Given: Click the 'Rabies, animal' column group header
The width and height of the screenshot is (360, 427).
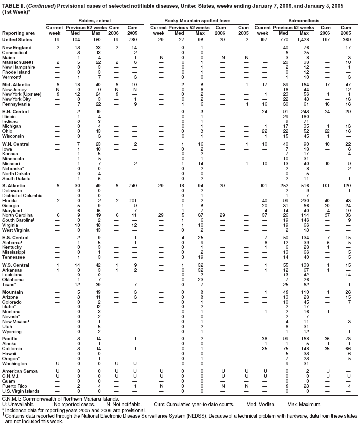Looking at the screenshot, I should point(94,19).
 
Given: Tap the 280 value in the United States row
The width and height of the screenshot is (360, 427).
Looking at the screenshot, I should point(132,38).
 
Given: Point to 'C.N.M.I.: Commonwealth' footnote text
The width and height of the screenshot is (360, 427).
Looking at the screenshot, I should point(34,398).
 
